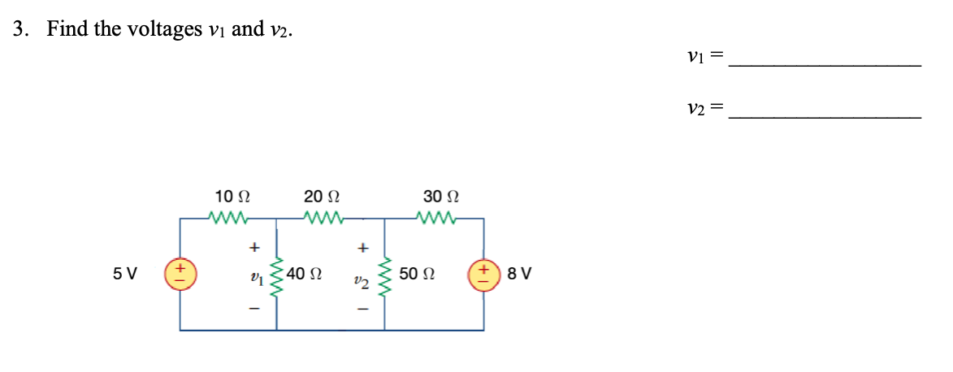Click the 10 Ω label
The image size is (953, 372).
tap(232, 197)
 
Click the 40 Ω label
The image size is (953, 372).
tap(305, 274)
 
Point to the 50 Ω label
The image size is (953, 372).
tap(417, 274)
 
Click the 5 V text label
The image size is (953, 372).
tap(124, 274)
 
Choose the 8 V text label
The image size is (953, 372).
tap(519, 274)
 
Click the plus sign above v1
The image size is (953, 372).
tap(255, 248)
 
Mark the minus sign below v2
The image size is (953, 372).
tap(363, 310)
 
